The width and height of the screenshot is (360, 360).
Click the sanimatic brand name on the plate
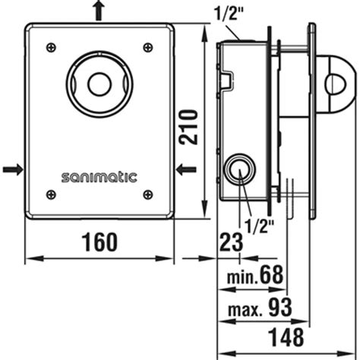[x=99, y=178]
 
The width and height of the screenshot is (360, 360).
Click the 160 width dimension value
[x=99, y=242]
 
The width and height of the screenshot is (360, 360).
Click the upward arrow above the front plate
[x=97, y=11]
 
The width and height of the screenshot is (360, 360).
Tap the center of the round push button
[x=97, y=81]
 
